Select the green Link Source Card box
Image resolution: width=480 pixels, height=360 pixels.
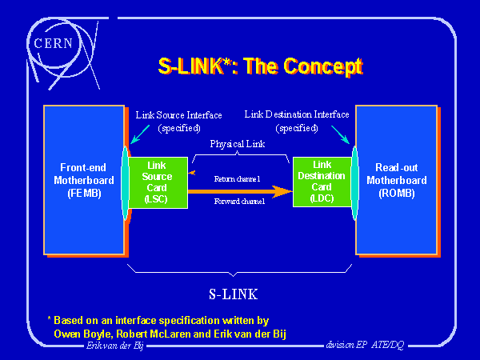pos(158,182)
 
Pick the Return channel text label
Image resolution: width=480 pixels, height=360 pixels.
pos(239,178)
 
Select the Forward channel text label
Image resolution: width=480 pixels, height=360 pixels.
pos(239,202)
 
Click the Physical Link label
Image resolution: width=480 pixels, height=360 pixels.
pos(238,144)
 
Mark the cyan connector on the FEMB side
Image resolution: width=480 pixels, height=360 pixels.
pos(125,182)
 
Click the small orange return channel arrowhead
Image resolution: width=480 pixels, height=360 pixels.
pos(190,170)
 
